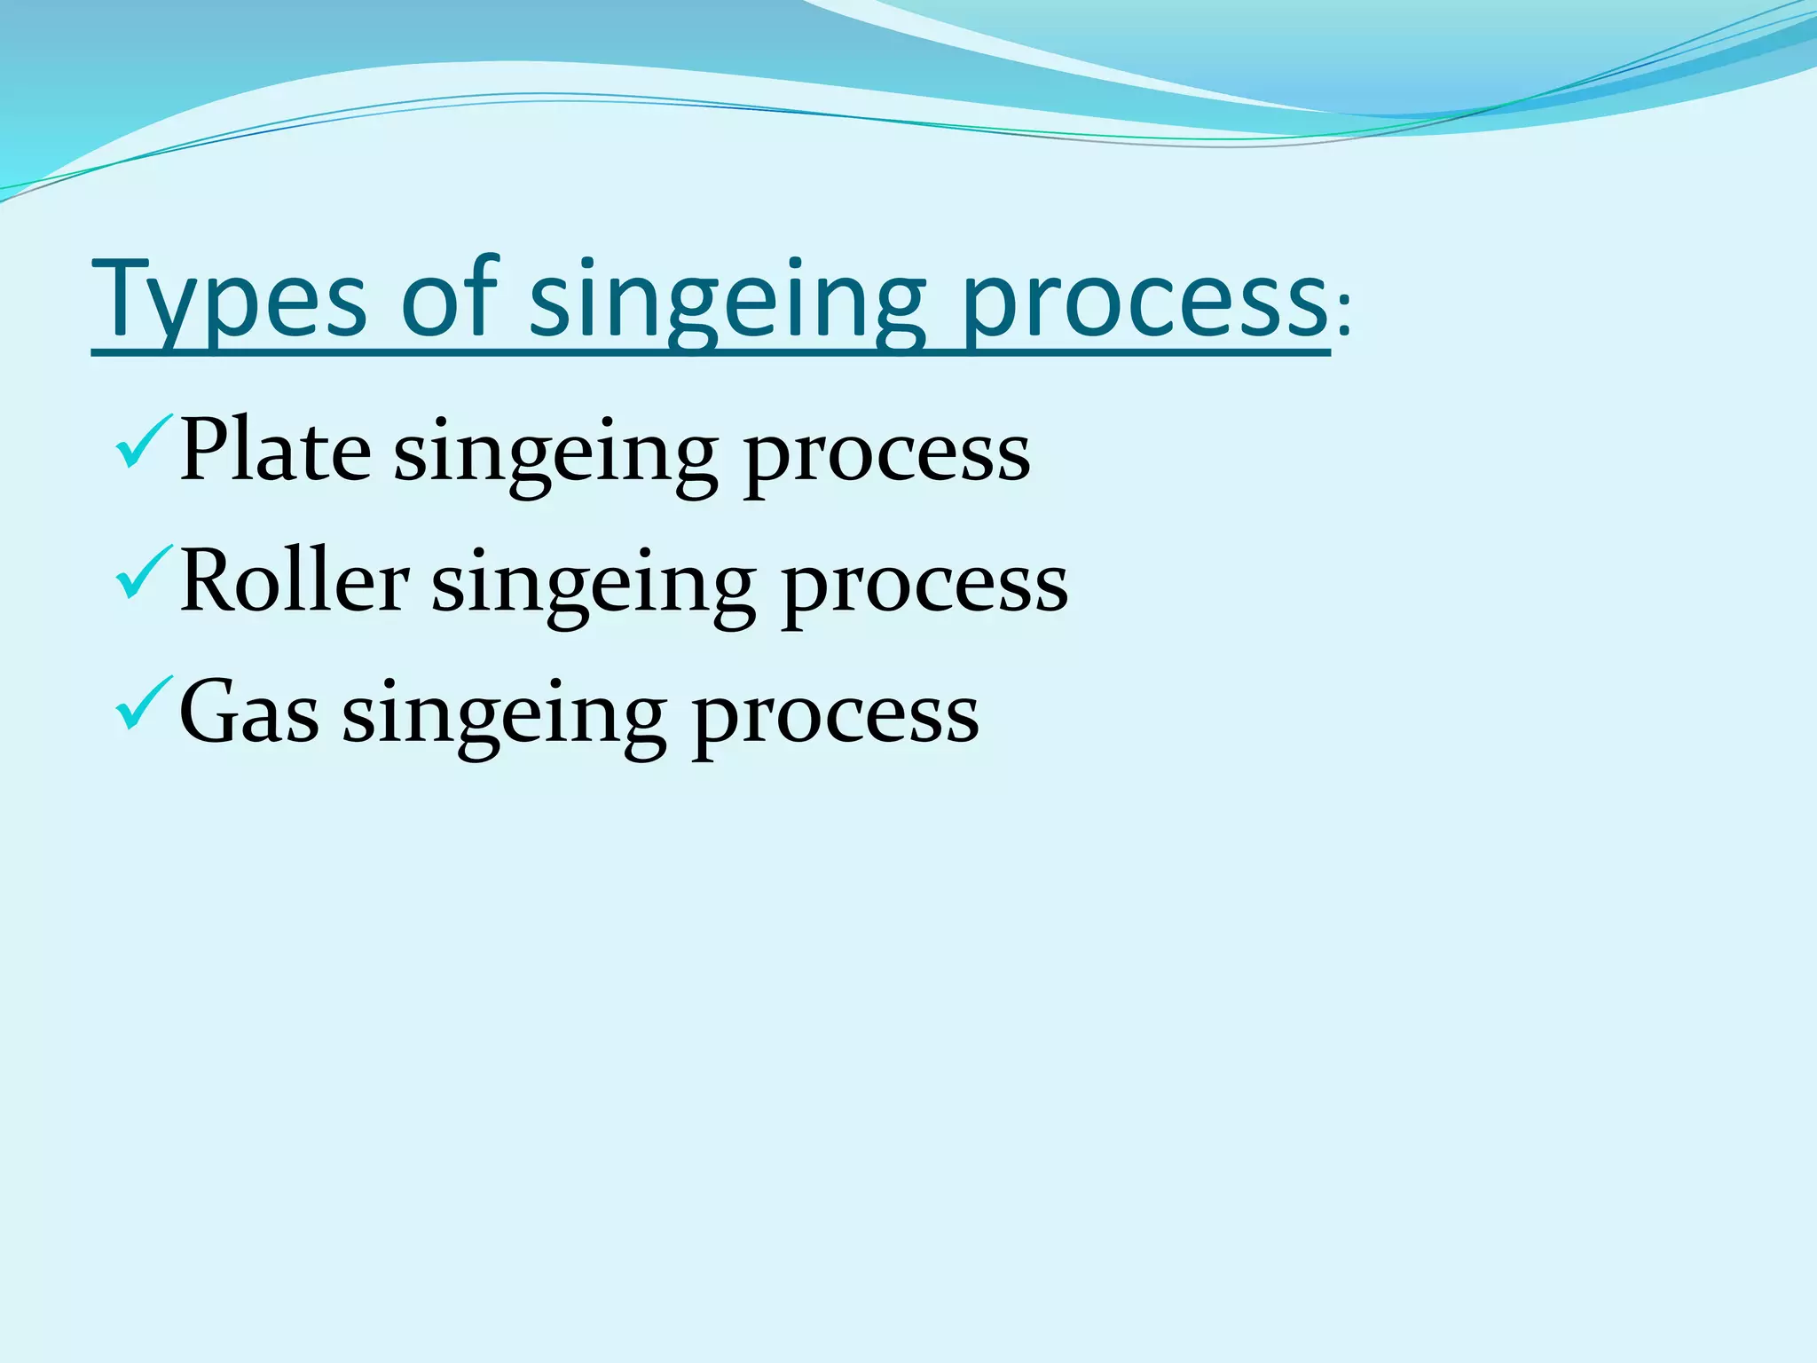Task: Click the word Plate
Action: point(275,451)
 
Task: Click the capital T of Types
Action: point(124,297)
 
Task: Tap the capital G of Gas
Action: point(208,712)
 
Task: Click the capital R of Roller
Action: point(209,580)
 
